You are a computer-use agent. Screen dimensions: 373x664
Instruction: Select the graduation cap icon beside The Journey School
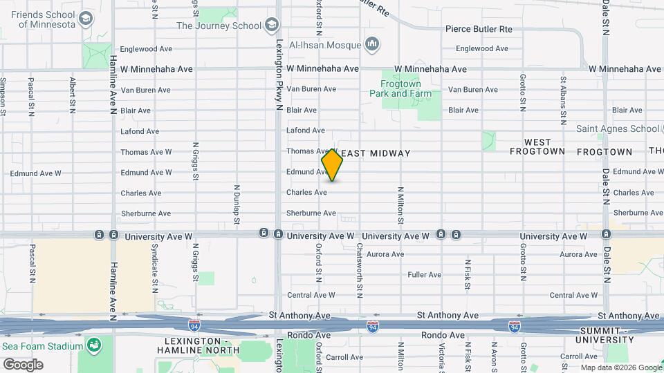click(x=272, y=26)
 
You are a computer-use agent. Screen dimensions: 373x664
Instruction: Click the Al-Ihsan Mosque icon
click(x=373, y=46)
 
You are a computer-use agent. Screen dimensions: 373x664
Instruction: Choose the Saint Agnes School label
click(x=618, y=128)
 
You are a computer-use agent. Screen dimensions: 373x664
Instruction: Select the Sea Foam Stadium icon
click(x=93, y=343)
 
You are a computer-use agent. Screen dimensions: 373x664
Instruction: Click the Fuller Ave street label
click(x=425, y=275)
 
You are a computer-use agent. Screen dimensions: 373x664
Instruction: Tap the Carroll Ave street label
click(x=344, y=357)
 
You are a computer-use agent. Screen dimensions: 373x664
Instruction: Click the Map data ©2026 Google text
click(x=620, y=367)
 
